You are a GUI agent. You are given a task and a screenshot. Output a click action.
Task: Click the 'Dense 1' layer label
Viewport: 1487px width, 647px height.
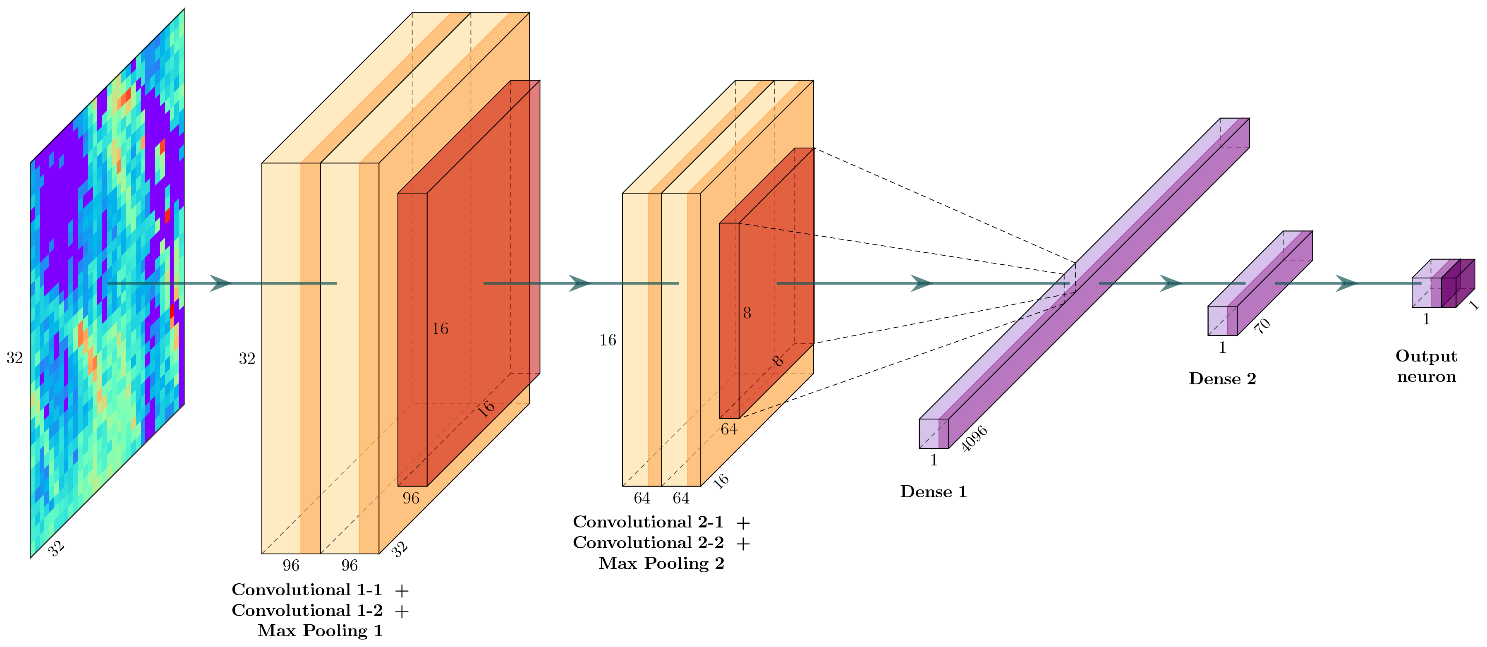pyautogui.click(x=933, y=492)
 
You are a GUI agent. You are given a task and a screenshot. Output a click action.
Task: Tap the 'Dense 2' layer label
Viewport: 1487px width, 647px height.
pyautogui.click(x=1222, y=379)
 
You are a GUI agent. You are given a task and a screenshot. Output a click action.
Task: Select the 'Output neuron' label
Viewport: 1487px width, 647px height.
pyautogui.click(x=1426, y=366)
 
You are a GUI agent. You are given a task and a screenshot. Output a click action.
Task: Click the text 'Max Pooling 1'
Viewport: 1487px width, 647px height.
pyautogui.click(x=320, y=631)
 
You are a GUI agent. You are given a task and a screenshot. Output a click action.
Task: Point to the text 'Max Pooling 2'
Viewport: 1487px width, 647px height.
pyautogui.click(x=661, y=563)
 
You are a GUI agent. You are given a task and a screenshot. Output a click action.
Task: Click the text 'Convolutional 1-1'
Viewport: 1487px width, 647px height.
pyautogui.click(x=306, y=590)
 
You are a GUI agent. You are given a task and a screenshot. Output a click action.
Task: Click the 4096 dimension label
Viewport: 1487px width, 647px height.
pyautogui.click(x=975, y=439)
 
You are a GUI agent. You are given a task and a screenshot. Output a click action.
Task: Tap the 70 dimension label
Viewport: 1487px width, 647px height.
pyautogui.click(x=1262, y=326)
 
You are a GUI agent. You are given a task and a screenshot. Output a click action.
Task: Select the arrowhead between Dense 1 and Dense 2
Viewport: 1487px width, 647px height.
pyautogui.click(x=1171, y=283)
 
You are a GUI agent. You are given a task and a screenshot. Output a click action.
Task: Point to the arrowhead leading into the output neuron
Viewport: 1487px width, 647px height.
pyautogui.click(x=1347, y=283)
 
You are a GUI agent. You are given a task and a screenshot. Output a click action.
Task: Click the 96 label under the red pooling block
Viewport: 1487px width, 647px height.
pyautogui.click(x=411, y=498)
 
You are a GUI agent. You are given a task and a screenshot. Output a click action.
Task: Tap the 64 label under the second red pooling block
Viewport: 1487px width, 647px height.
pyautogui.click(x=729, y=429)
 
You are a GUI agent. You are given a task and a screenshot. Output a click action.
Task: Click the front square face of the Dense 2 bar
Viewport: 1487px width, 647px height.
pyautogui.click(x=1222, y=320)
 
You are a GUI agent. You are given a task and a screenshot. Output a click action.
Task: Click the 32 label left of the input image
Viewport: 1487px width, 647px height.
pyautogui.click(x=14, y=358)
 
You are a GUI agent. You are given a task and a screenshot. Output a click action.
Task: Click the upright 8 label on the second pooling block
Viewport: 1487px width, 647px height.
pyautogui.click(x=747, y=314)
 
